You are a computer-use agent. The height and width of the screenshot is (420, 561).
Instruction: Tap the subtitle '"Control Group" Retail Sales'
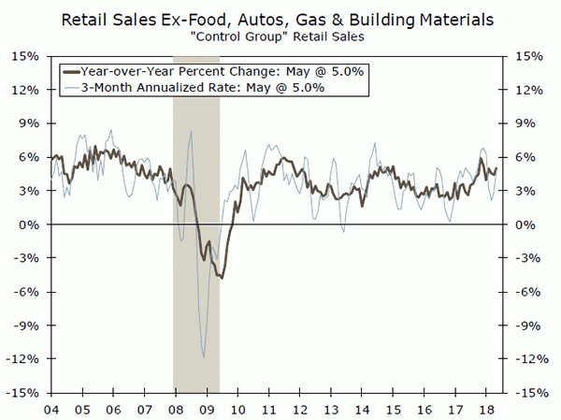280,36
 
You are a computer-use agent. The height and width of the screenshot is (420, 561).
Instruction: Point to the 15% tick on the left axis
27,56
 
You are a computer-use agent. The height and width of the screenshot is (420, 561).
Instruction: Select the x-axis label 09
206,410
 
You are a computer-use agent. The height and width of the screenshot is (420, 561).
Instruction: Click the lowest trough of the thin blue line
204,356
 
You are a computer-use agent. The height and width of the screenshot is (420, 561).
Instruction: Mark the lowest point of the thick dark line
222,278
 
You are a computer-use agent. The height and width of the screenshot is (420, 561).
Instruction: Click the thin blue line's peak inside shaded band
191,131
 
